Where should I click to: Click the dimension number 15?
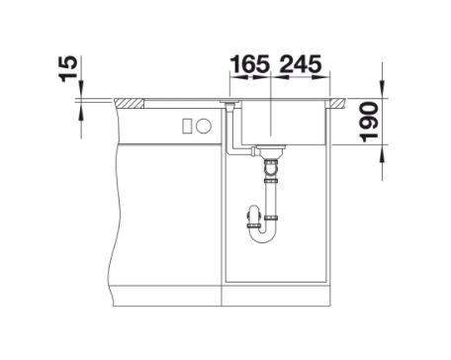pyautogui.click(x=68, y=69)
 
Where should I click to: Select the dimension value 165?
pyautogui.click(x=250, y=64)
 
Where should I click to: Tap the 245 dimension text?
pyautogui.click(x=301, y=64)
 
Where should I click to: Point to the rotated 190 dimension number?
pyautogui.click(x=369, y=122)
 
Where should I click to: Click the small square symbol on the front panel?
pyautogui.click(x=187, y=126)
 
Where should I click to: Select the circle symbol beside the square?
pyautogui.click(x=204, y=126)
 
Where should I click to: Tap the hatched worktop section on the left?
pyautogui.click(x=130, y=103)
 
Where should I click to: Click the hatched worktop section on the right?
pyautogui.click(x=337, y=103)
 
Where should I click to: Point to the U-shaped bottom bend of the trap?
pyautogui.click(x=262, y=238)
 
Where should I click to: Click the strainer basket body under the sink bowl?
pyautogui.click(x=271, y=152)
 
